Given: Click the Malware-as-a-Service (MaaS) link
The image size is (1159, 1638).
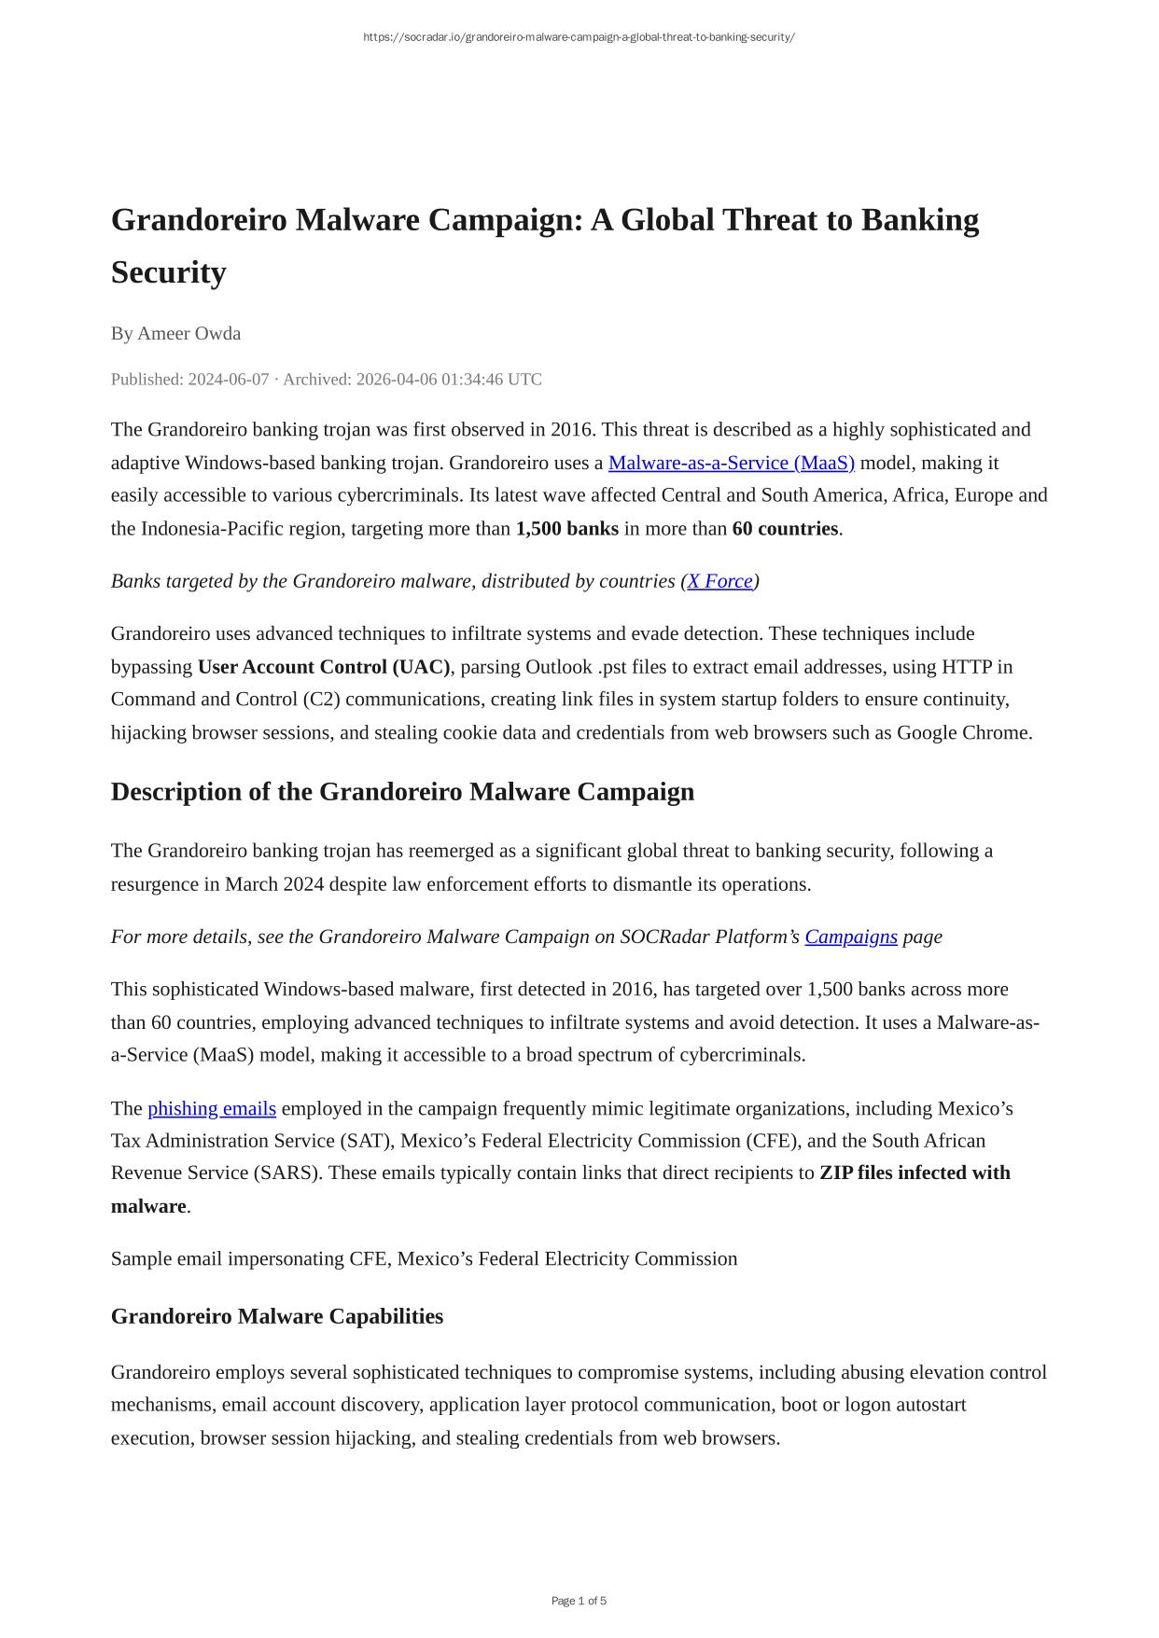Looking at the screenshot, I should pos(731,463).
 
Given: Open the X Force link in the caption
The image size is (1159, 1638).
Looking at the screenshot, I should pos(719,581).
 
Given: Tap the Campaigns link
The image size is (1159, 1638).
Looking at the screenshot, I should pos(851,937).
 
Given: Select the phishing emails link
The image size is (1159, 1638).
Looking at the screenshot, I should pos(212,1108).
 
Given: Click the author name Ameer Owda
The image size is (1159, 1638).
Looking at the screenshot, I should pos(189,333).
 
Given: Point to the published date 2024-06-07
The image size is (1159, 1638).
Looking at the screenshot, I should pos(228,380).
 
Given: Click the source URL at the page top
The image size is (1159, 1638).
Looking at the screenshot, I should pos(579,37).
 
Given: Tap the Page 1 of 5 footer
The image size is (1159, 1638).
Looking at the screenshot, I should pos(579,1601).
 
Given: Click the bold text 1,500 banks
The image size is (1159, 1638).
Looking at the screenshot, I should pos(566,529).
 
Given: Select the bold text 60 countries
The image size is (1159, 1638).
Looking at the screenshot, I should pos(785,529).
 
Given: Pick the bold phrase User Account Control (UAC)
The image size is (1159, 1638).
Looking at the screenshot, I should pos(324,667).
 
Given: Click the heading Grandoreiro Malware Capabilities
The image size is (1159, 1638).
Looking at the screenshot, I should pos(277,1316).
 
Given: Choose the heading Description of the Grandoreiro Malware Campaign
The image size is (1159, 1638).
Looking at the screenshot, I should pos(402,792).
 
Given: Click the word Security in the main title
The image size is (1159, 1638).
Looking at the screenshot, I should pos(169,272).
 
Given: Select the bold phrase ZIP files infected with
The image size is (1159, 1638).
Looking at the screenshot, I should pos(915,1173).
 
